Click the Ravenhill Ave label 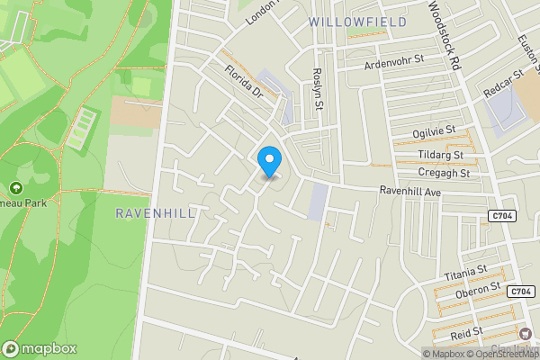click(410, 192)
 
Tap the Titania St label click(464, 270)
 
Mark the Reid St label click(466, 334)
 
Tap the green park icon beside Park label click(14, 188)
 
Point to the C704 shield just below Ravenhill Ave click(502, 216)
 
